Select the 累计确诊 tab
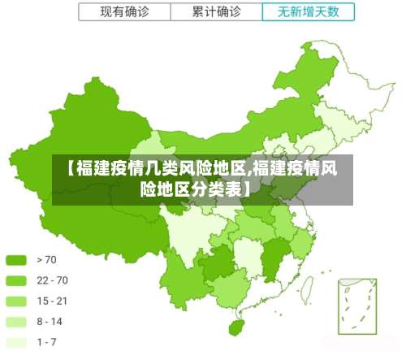point(217,12)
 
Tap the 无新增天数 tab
point(309,12)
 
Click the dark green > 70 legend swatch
point(17,260)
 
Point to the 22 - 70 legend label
point(53,280)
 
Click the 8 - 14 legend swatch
point(17,322)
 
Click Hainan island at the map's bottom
point(236,327)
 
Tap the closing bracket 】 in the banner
point(246,190)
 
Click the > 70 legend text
point(47,260)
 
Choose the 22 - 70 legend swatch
point(17,280)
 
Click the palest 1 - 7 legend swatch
point(17,342)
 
